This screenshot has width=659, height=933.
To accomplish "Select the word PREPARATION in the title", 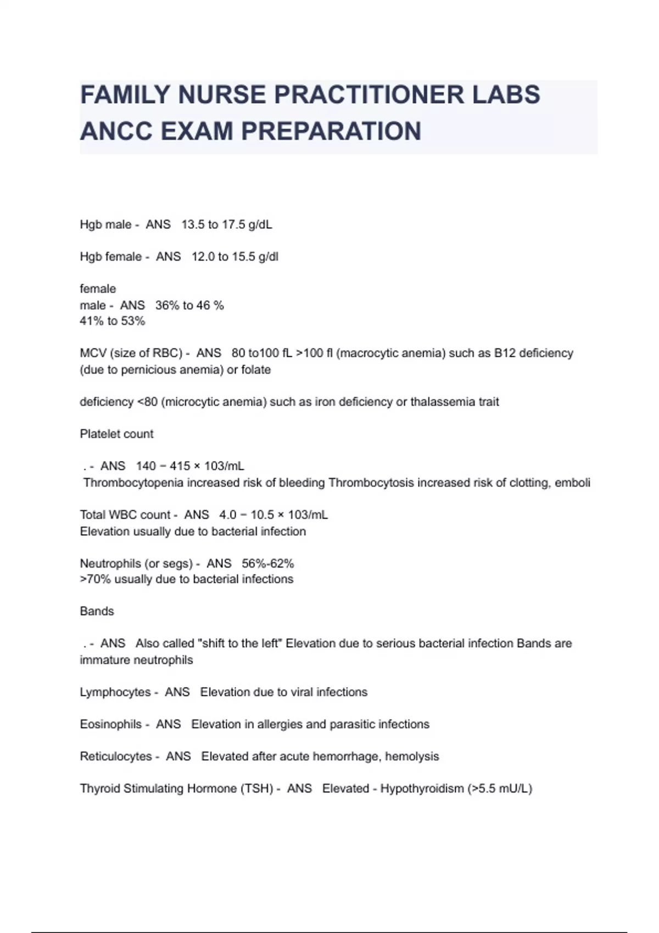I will click(331, 131).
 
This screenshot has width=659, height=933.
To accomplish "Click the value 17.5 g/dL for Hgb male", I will click(247, 224).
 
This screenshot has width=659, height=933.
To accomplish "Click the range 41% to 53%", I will click(113, 321).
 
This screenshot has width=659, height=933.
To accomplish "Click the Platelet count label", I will click(116, 434).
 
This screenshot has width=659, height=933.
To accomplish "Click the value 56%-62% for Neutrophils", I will click(268, 564).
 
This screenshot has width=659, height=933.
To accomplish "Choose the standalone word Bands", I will click(97, 611).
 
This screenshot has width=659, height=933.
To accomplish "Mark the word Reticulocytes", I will click(116, 756).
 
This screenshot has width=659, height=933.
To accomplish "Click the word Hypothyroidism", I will click(422, 789).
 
